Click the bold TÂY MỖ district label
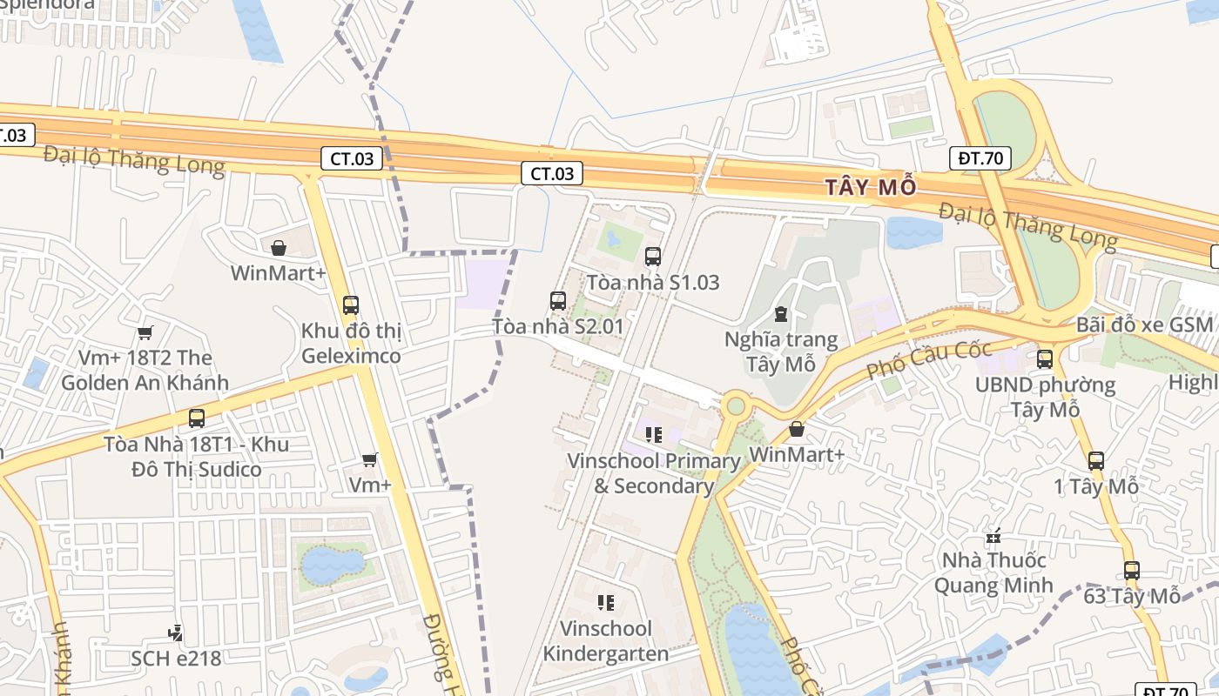click(871, 187)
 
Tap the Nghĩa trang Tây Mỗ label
click(781, 351)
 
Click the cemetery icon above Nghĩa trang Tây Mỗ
click(780, 313)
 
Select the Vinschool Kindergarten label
click(606, 641)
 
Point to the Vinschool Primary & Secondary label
click(653, 473)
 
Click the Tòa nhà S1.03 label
click(653, 282)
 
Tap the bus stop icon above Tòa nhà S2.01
click(558, 301)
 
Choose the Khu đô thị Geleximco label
click(351, 344)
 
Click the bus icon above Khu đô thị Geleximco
click(351, 304)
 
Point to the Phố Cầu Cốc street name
click(928, 360)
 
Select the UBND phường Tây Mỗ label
click(1045, 397)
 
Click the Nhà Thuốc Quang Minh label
click(993, 572)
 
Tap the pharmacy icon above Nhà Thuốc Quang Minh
click(993, 536)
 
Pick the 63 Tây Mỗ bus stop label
click(1132, 596)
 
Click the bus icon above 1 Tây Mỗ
click(1096, 461)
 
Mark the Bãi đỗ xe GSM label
click(1144, 325)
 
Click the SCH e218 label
click(176, 658)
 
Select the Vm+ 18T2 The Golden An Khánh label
click(145, 370)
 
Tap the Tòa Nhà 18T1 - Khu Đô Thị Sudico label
click(196, 457)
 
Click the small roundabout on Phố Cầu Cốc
click(737, 405)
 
